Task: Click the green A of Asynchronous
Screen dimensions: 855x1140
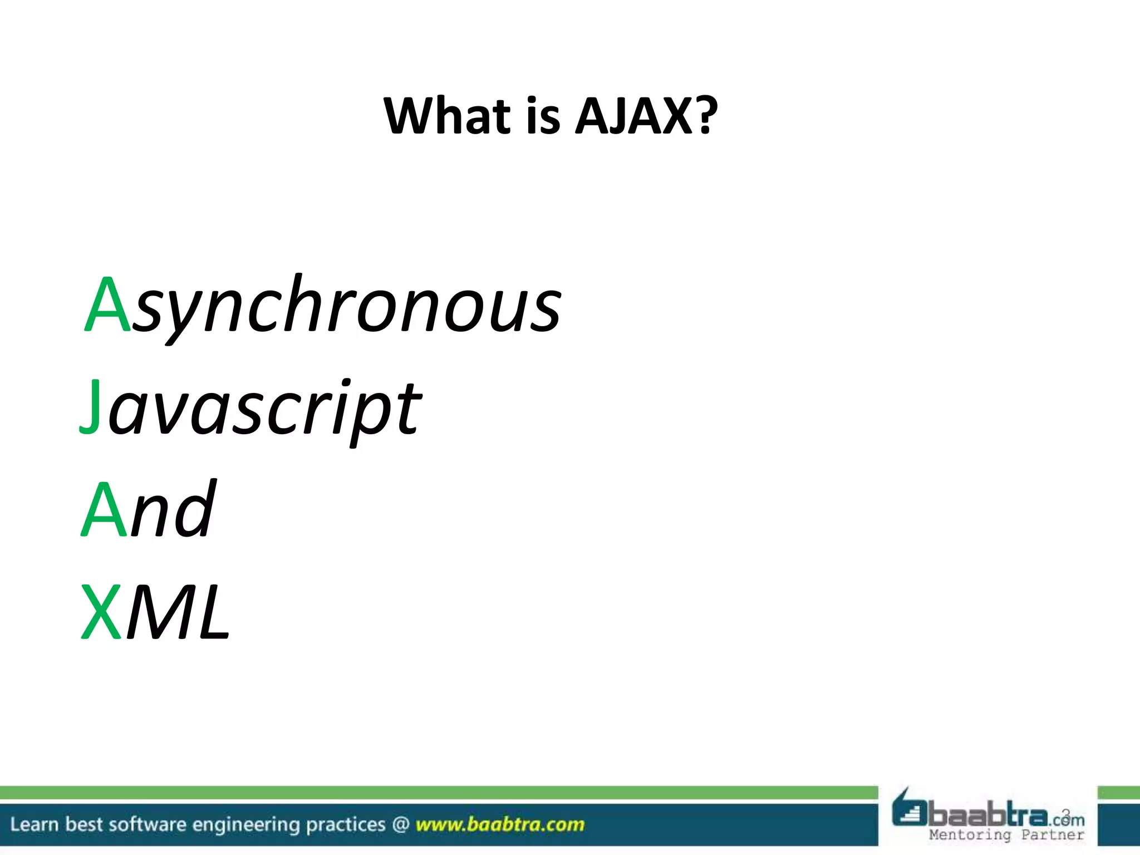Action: click(108, 304)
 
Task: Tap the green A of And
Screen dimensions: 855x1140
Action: click(104, 509)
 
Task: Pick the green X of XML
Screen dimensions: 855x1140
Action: click(101, 612)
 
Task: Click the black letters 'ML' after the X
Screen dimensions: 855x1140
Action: click(178, 612)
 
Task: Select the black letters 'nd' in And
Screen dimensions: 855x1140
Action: click(173, 509)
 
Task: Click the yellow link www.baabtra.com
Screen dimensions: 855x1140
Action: click(500, 824)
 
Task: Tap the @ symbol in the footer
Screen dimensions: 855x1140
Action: click(400, 824)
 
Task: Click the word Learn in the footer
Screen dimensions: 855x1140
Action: click(34, 824)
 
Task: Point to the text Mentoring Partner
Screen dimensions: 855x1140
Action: click(1006, 835)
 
